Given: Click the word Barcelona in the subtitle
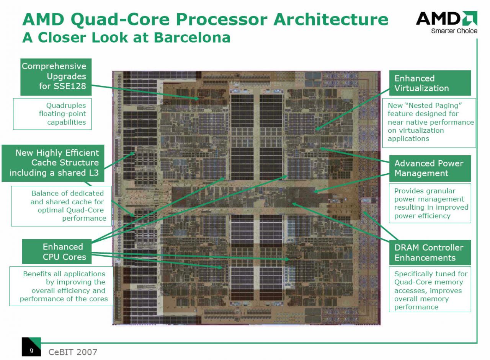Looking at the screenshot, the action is click(192, 37).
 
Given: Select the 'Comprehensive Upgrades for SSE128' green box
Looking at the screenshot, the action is click(56, 77).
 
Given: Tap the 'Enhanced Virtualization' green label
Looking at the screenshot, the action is click(430, 83).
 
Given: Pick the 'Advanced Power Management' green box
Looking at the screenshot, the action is click(430, 168).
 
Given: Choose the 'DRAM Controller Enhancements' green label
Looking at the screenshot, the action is click(430, 252).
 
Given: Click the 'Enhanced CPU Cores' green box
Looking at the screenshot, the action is click(57, 251).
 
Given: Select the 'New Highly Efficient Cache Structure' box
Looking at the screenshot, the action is click(53, 163).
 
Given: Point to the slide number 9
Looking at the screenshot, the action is click(31, 350).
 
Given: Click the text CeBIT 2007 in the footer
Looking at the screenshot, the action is click(73, 352).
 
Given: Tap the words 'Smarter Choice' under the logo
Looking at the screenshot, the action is click(454, 31).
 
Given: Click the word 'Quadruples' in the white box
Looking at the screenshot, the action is click(66, 105).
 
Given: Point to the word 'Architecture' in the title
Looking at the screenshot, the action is click(330, 19).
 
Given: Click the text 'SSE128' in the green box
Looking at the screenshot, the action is click(70, 86).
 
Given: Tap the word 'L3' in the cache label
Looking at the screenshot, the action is click(94, 173).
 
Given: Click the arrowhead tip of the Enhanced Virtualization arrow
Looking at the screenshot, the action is click(316, 130).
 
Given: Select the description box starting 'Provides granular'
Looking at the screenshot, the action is click(430, 203).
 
